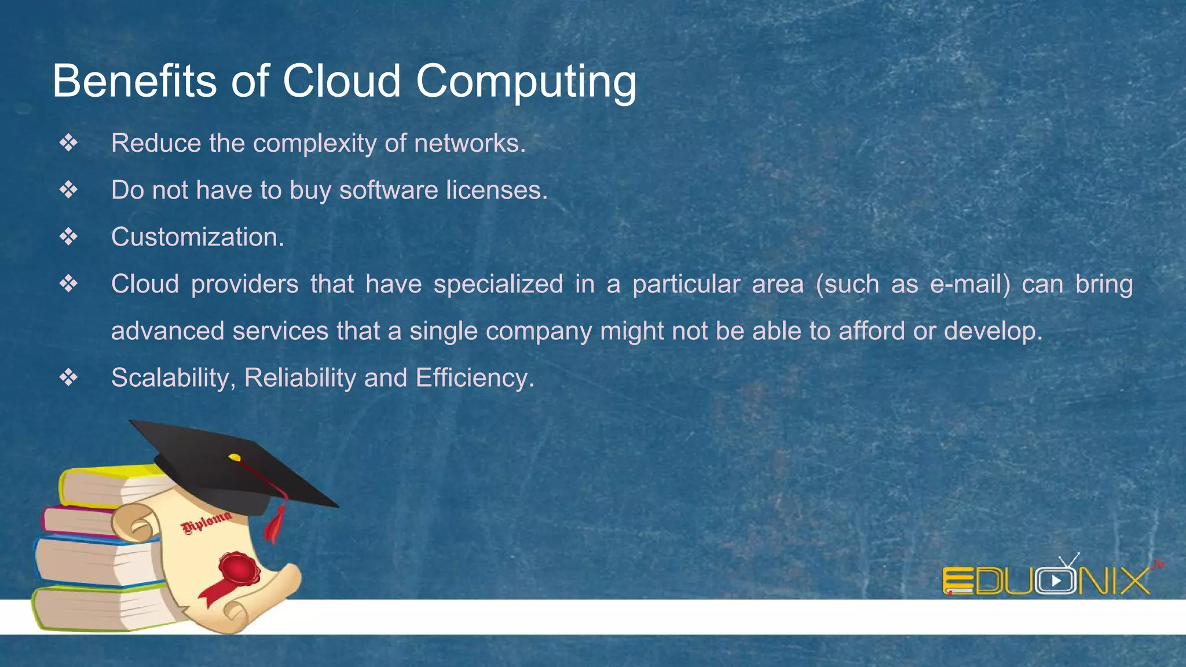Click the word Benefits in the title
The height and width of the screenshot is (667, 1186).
click(x=134, y=81)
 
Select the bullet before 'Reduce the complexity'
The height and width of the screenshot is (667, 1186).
click(x=68, y=143)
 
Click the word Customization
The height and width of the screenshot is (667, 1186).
click(x=197, y=237)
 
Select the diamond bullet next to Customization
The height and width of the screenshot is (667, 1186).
click(x=68, y=237)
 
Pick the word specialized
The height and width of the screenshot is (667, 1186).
click(x=498, y=284)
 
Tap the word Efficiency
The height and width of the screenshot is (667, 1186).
click(x=474, y=378)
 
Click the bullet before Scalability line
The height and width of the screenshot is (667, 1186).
click(x=68, y=378)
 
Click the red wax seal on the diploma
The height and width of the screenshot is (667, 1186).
click(x=239, y=568)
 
